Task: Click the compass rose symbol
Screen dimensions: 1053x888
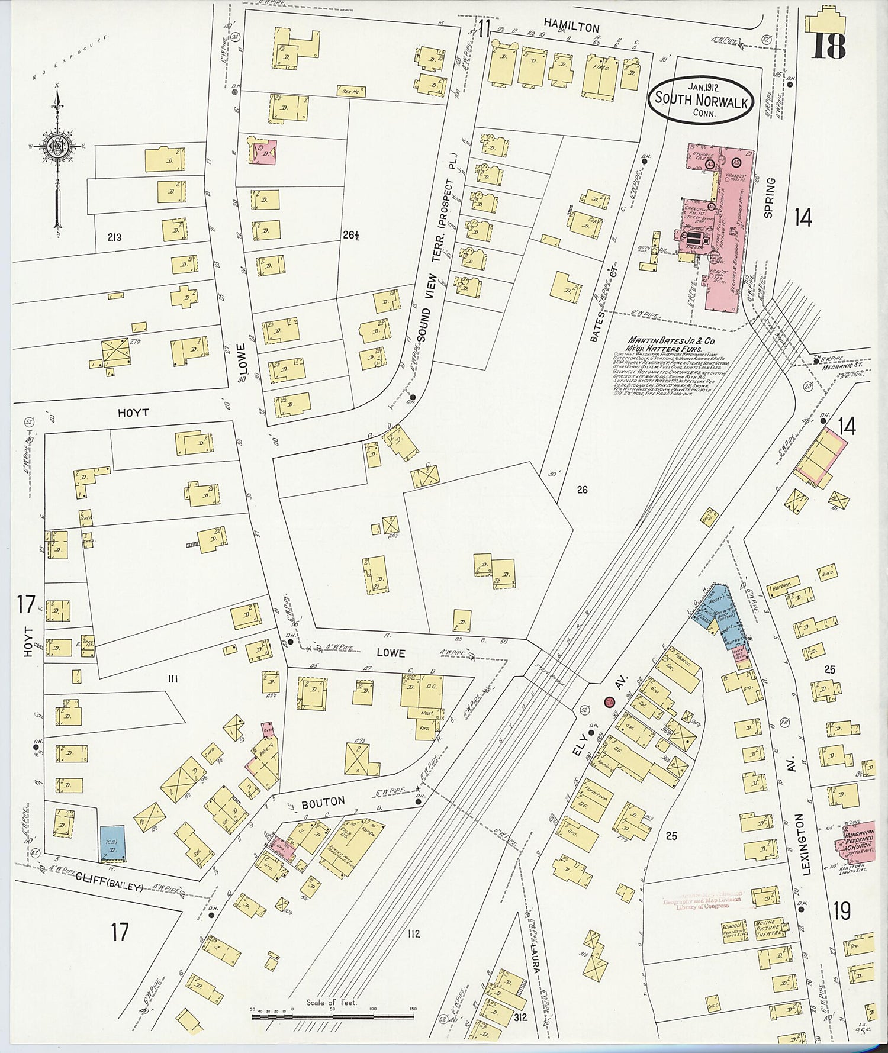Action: (58, 147)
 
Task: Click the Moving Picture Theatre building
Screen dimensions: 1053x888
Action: (770, 928)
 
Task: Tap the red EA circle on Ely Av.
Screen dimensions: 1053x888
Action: (609, 702)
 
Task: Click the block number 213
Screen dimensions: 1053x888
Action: (114, 237)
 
